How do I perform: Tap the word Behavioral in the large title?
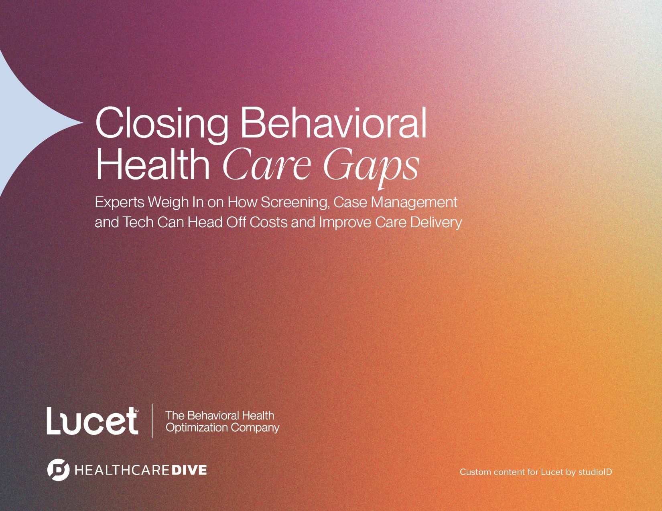(333, 122)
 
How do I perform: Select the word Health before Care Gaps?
(152, 164)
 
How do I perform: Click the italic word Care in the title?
(267, 165)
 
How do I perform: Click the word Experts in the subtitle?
(120, 203)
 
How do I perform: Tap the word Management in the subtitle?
(414, 203)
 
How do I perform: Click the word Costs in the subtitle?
(268, 222)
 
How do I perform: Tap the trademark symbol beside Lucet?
(136, 411)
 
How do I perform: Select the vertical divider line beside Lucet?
(152, 421)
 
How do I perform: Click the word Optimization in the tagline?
(197, 428)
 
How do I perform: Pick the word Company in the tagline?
(255, 428)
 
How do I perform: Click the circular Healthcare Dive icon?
(59, 470)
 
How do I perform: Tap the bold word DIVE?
(189, 470)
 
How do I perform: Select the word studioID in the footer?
(595, 472)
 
